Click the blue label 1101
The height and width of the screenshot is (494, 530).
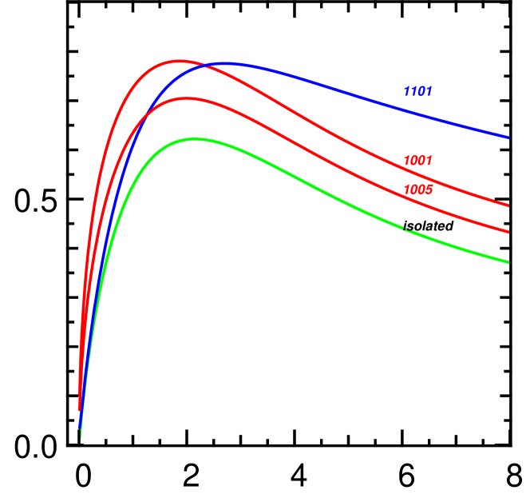point(417,92)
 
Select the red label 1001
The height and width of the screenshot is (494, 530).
point(417,161)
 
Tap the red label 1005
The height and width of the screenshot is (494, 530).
point(417,190)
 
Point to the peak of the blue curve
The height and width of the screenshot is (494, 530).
point(227,62)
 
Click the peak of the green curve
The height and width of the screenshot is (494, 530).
point(194,139)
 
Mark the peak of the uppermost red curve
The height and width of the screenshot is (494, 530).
point(179,60)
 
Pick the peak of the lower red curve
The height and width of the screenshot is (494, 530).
point(185,98)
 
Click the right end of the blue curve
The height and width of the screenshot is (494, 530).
point(508,137)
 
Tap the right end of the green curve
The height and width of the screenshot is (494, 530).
point(508,261)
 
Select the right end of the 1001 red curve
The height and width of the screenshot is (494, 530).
point(508,205)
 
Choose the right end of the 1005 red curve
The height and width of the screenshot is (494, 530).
point(508,232)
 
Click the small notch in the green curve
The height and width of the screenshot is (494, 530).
point(406,229)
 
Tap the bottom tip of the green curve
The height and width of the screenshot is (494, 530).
point(81,436)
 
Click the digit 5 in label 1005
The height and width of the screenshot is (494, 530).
point(429,190)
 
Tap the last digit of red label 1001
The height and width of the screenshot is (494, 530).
point(429,161)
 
